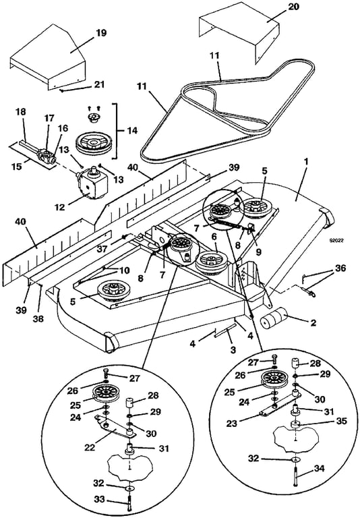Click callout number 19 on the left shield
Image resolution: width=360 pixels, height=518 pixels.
[100, 33]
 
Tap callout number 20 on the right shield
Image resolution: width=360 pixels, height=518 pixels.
[294, 6]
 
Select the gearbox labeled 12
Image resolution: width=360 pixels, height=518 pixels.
[92, 183]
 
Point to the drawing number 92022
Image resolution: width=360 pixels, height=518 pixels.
[336, 241]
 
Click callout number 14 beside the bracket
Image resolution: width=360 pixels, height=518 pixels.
[132, 131]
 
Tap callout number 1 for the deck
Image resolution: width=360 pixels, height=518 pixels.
[306, 162]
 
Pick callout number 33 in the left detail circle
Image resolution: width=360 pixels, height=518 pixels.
[99, 500]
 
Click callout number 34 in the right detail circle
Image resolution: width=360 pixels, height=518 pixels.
[319, 469]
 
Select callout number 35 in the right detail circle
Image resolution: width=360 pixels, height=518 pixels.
[342, 422]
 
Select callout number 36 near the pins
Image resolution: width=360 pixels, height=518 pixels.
[340, 268]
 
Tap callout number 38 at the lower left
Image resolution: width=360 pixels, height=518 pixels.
[38, 319]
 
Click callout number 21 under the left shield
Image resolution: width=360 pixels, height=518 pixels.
[99, 84]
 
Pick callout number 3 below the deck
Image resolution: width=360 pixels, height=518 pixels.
[233, 349]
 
